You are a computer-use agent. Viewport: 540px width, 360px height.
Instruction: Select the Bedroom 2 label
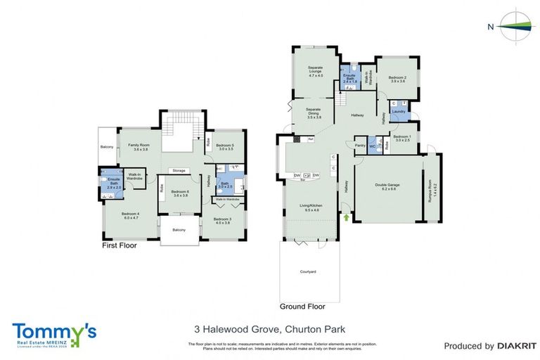pos(397,79)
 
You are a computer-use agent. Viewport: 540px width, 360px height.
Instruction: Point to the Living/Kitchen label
pos(310,207)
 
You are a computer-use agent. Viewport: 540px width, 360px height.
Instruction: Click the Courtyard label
pos(307,271)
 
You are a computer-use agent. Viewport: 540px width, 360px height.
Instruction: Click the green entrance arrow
pos(345,218)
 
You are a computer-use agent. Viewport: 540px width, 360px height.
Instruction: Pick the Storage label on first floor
pos(179,170)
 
